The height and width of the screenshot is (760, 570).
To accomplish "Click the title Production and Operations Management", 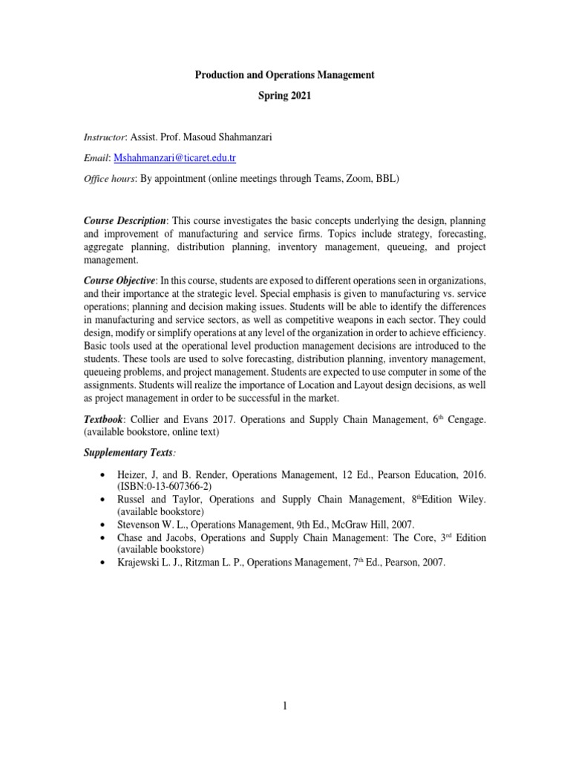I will [284, 75].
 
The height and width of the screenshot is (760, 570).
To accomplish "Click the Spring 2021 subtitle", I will [284, 97].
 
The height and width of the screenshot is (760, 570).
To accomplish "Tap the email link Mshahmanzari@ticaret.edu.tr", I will [175, 158].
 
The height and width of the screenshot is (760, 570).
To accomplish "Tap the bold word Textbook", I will [106, 419].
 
